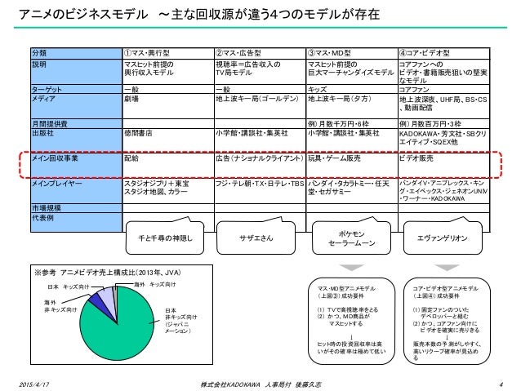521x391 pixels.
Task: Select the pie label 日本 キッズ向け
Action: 68,287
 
